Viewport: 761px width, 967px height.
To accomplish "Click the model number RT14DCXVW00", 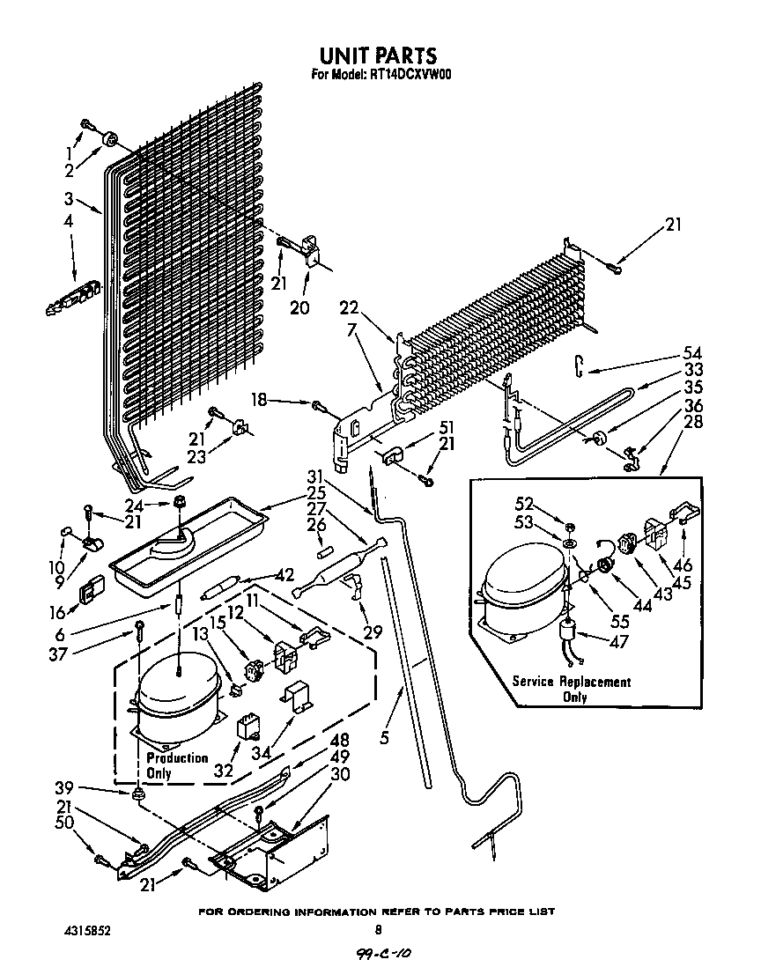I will coord(381,75).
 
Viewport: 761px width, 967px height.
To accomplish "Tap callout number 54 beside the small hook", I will coord(694,352).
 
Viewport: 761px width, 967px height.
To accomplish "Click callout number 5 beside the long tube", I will coord(384,739).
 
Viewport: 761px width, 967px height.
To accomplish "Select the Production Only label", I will coord(176,765).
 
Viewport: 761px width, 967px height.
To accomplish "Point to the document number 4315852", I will coord(87,929).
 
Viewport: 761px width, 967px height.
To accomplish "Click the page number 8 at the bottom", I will coord(378,929).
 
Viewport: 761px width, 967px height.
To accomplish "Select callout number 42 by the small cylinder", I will coord(283,575).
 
